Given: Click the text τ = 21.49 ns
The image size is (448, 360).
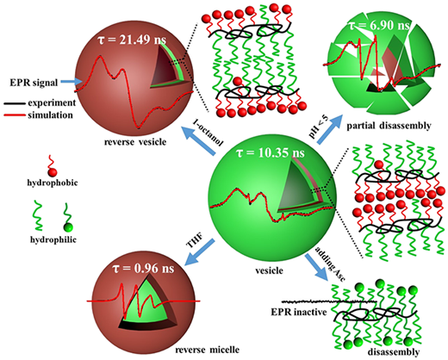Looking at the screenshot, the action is pos(132,40).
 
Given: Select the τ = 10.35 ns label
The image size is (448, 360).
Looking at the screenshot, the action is pos(270,152).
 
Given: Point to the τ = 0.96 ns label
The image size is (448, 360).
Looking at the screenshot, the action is pos(143,268).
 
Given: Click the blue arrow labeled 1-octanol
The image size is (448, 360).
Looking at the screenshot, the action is pos(199,140).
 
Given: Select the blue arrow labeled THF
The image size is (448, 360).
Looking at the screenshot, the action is pos(199,251).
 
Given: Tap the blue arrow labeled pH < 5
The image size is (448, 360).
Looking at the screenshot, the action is pos(330,129).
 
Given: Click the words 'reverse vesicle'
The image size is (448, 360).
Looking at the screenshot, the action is pos(135,142).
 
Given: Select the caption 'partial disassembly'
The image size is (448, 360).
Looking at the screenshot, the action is pos(389,126).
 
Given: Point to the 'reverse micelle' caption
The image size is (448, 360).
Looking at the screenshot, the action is pos(207,350).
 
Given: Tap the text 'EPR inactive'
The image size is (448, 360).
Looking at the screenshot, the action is pos(299,312).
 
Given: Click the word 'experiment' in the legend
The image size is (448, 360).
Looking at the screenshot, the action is pos(52,102).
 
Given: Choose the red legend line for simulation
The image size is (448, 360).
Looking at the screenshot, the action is pos(15,115).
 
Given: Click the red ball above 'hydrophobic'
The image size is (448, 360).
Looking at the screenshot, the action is pos(53,172).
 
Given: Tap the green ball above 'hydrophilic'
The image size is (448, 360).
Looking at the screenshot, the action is pos(68,227).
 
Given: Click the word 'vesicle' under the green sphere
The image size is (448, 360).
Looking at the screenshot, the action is pos(269,270).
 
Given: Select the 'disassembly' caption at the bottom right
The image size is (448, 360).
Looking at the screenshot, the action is pos(394,351).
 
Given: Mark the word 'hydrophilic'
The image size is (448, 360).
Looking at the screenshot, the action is pos(53,239).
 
